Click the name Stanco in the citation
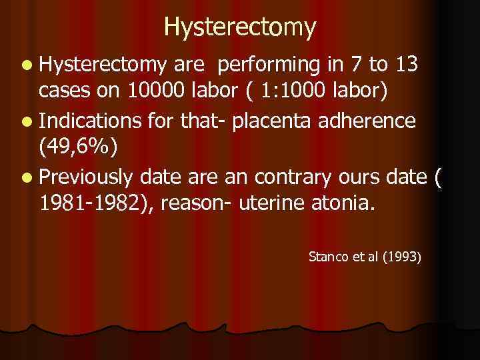(328, 255)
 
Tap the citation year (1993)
(401, 255)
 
